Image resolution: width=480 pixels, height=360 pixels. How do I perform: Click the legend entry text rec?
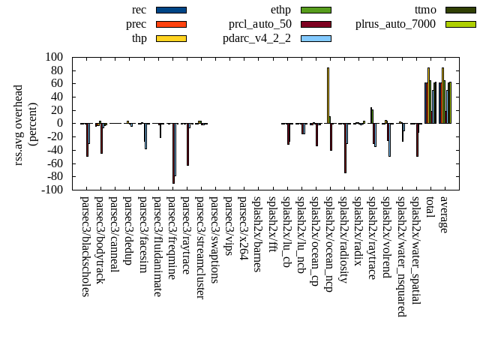click(x=139, y=10)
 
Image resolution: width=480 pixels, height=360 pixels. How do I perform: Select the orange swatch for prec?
click(x=171, y=24)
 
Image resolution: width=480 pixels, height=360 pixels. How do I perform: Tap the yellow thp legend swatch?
click(x=171, y=37)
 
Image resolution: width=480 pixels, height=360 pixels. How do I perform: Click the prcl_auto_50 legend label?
click(x=260, y=24)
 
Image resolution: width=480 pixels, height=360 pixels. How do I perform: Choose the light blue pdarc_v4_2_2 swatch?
click(x=316, y=37)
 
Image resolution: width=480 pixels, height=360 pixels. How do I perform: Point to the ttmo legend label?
click(x=425, y=10)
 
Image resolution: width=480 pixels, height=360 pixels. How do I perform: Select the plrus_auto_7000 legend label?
click(x=395, y=24)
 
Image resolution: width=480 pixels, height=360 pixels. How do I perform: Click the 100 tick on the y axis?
click(x=53, y=57)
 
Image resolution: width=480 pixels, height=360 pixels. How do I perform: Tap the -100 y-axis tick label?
click(x=51, y=190)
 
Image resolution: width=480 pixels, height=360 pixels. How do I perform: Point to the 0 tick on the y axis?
click(x=59, y=123)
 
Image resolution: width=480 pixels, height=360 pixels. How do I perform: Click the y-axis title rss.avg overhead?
click(x=25, y=124)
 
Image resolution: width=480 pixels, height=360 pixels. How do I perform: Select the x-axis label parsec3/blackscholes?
click(x=85, y=246)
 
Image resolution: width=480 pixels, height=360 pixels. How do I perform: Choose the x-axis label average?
click(x=444, y=215)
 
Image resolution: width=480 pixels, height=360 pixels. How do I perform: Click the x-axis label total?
click(x=429, y=208)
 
